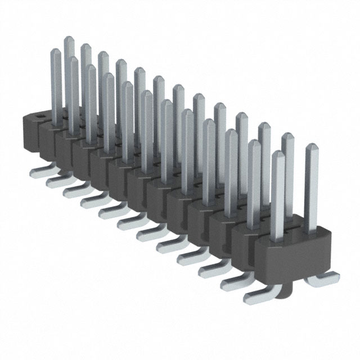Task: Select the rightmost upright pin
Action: point(312,186)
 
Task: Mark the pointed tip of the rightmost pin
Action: point(312,147)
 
